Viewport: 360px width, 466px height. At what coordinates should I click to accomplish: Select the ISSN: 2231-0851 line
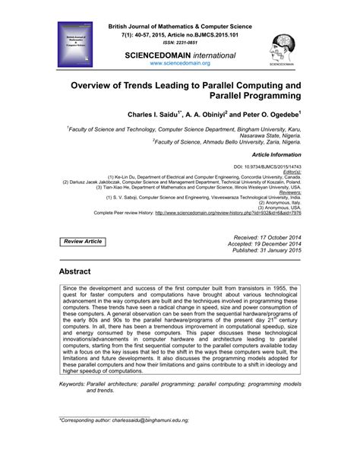[x=179, y=43]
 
